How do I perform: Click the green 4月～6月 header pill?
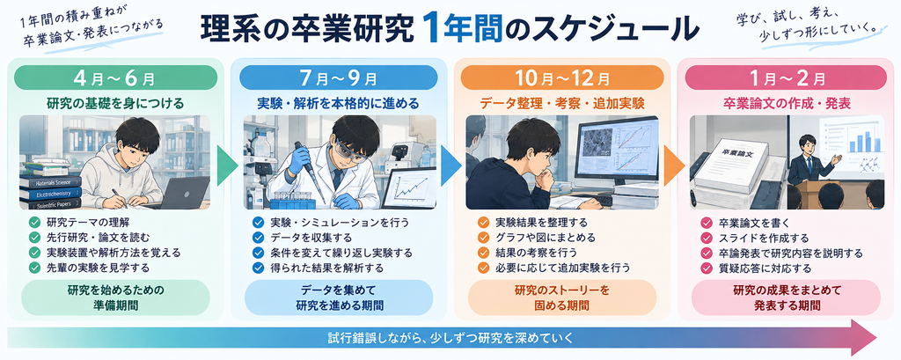pyautogui.click(x=115, y=77)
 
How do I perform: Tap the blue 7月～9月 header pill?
pyautogui.click(x=339, y=77)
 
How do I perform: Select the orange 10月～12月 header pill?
pyautogui.click(x=562, y=77)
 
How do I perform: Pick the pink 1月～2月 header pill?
pyautogui.click(x=785, y=77)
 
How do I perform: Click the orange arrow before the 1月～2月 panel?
pyautogui.click(x=674, y=165)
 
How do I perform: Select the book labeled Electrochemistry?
pyautogui.click(x=50, y=195)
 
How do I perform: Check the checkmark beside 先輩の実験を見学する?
pyautogui.click(x=34, y=268)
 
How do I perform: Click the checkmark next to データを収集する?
pyautogui.click(x=258, y=238)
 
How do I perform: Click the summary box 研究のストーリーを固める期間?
pyautogui.click(x=562, y=298)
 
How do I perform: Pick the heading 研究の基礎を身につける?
pyautogui.click(x=115, y=104)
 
